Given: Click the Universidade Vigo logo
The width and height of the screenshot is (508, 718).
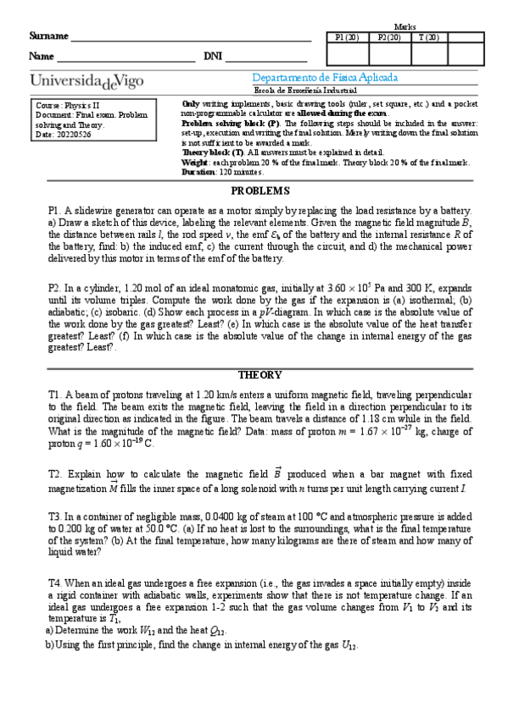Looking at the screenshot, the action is (87, 80).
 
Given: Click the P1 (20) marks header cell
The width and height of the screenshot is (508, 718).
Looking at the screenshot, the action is (347, 37).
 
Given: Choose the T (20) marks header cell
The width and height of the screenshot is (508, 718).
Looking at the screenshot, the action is (427, 37).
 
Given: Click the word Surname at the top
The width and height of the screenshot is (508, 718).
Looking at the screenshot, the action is (47, 36).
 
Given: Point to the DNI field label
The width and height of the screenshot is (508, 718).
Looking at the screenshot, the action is (212, 57).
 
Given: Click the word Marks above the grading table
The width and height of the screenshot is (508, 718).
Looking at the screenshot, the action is (405, 27).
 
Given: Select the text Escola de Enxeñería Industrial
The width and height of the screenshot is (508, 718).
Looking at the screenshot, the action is (305, 91).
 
